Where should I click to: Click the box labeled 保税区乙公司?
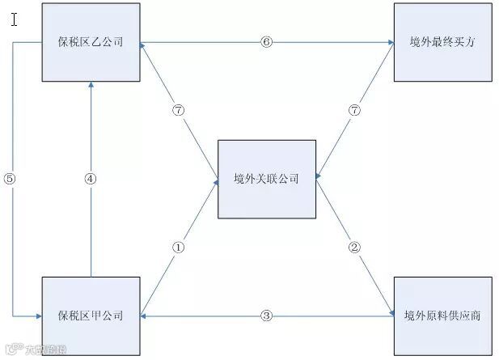[x=91, y=41]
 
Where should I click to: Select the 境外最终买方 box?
[x=442, y=41]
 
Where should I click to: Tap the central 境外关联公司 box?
[x=266, y=178]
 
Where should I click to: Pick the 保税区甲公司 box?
[x=91, y=316]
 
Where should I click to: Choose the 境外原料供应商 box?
[x=442, y=316]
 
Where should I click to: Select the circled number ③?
[x=266, y=316]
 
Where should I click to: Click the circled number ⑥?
[x=266, y=41]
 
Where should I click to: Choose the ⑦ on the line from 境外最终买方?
[x=353, y=110]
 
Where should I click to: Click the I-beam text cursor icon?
[x=15, y=18]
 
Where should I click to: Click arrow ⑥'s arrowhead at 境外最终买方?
[x=390, y=41]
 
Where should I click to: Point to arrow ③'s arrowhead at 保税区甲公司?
[x=145, y=316]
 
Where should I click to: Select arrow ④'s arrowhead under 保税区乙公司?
[x=91, y=86]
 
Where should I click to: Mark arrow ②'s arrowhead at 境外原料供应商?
[x=390, y=310]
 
